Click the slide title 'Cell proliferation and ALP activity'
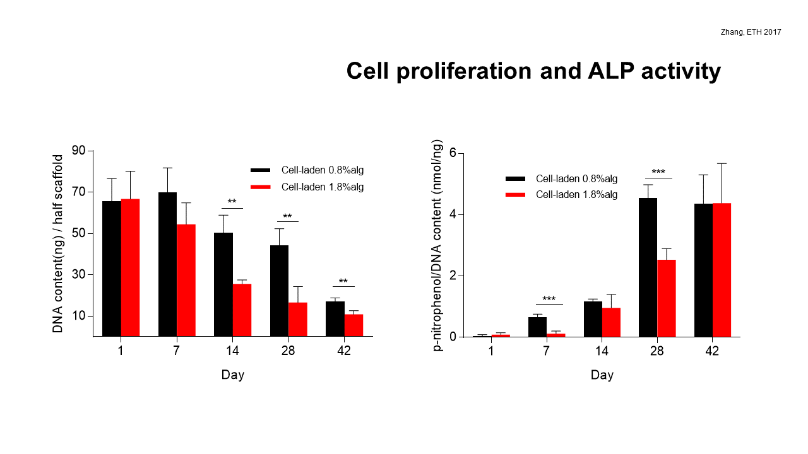(x=533, y=71)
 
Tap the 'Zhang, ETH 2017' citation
(x=751, y=32)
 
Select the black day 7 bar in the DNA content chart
(x=167, y=264)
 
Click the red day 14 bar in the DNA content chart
(x=242, y=310)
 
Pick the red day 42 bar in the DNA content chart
(x=353, y=325)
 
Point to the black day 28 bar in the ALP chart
(x=648, y=267)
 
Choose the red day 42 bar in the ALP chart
(x=722, y=270)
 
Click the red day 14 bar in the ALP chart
(x=611, y=322)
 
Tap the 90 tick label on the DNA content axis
(x=79, y=151)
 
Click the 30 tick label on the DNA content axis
(x=79, y=274)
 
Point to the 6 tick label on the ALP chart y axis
(x=453, y=153)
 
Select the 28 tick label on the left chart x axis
(x=288, y=351)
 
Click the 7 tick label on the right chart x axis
(x=546, y=351)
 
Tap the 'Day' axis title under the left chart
(x=233, y=375)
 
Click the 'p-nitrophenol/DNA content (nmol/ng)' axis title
(x=437, y=245)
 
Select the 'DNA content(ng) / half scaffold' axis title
(x=57, y=243)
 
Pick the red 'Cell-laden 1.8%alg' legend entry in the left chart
(x=307, y=187)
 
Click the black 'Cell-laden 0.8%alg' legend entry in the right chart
(x=562, y=178)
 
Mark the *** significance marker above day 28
(x=658, y=172)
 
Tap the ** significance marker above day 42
(x=343, y=281)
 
